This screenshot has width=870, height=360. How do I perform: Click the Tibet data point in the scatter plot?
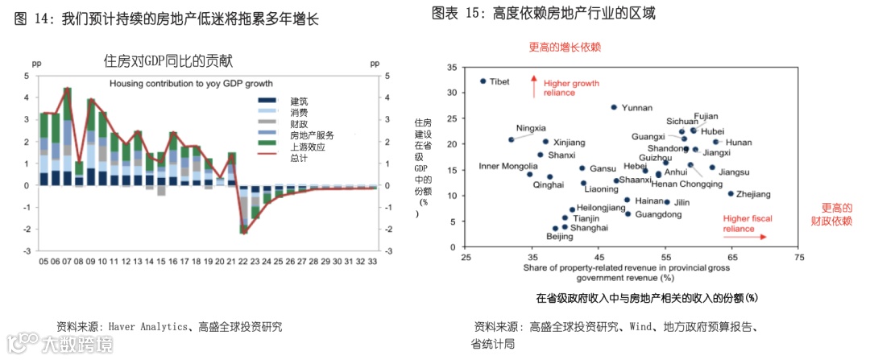[x=483, y=81]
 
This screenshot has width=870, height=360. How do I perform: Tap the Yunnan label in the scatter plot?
[x=637, y=108]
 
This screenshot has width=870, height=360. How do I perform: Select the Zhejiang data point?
[x=731, y=193]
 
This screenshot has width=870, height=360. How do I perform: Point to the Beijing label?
[x=560, y=237]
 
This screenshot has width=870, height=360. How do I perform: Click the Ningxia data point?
[x=512, y=139]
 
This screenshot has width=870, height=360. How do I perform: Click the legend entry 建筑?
[x=298, y=101]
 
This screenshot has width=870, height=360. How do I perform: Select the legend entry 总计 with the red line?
[x=298, y=158]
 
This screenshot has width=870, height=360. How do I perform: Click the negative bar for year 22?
[x=243, y=209]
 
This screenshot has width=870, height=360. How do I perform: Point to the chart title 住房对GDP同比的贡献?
[x=168, y=60]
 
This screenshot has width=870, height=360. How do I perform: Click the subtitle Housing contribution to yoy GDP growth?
[x=191, y=83]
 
